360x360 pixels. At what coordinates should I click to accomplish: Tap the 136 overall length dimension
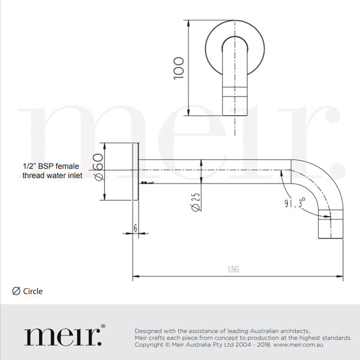click(233, 269)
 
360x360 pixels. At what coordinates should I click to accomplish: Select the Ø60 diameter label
click(99, 168)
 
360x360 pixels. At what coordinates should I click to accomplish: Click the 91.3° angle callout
click(295, 203)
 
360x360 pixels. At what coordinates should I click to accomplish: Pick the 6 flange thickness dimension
click(136, 228)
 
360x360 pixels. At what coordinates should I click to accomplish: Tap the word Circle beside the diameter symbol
click(33, 292)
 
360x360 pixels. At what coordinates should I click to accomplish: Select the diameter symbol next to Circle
click(16, 292)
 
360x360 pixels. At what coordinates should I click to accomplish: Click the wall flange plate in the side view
click(136, 172)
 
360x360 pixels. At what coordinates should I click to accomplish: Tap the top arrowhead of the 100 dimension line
click(190, 23)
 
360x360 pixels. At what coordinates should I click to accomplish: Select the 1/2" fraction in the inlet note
click(29, 165)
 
